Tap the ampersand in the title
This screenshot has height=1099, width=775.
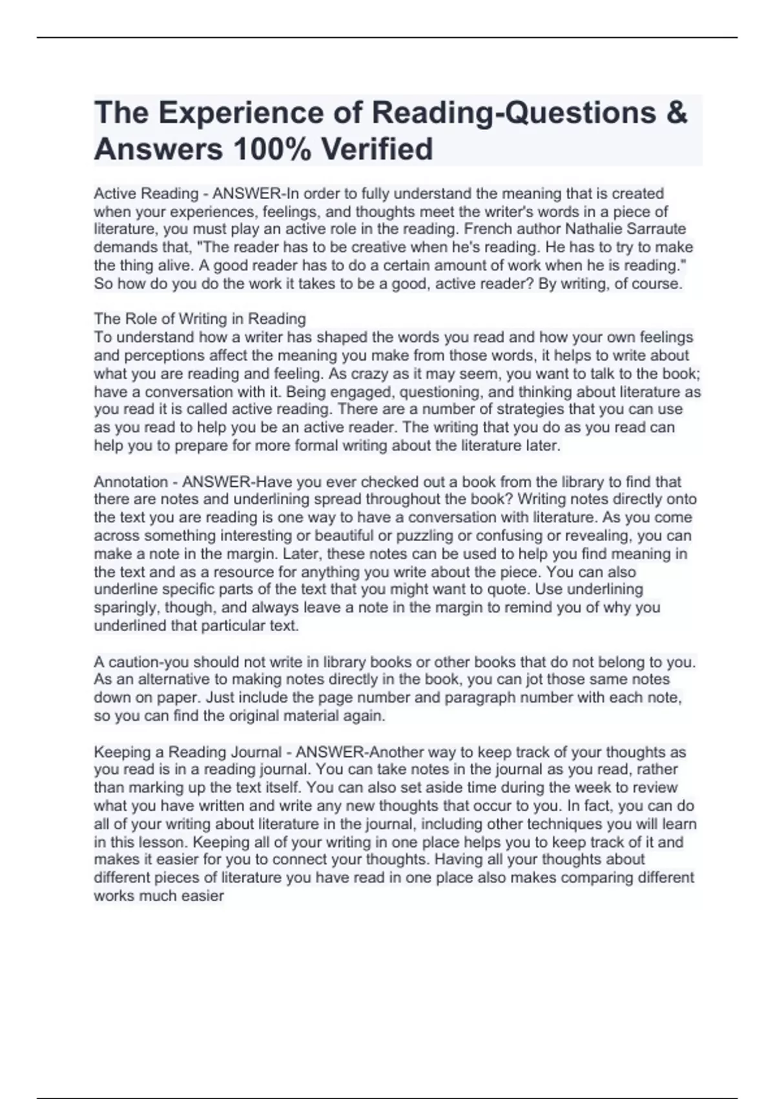click(675, 112)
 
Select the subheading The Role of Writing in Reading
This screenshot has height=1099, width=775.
click(200, 319)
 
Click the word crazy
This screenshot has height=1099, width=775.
click(369, 374)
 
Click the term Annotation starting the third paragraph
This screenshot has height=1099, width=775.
click(130, 482)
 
